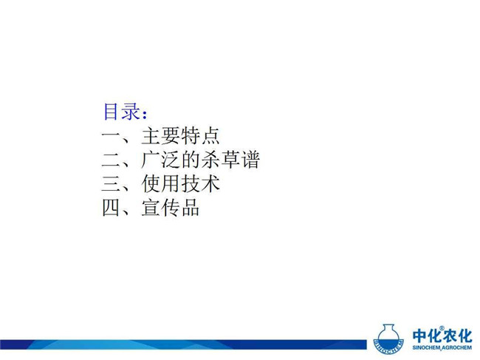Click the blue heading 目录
[x=122, y=112]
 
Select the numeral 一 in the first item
[x=112, y=136]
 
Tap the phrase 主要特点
[x=180, y=135]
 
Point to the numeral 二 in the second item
[x=112, y=160]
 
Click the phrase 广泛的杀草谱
[x=201, y=160]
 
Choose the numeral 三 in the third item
[x=112, y=184]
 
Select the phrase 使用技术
[x=180, y=183]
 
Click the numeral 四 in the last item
[x=111, y=208]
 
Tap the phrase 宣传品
[x=170, y=208]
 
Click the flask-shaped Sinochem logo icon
[x=388, y=339]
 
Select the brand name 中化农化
[x=442, y=336]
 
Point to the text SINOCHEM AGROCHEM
[x=442, y=347]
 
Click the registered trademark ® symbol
[x=442, y=328]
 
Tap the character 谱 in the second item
[x=251, y=160]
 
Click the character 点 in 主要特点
[x=210, y=135]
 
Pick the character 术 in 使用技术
[x=210, y=183]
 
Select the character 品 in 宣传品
[x=191, y=208]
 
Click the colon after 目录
[x=145, y=114]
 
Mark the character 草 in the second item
[x=230, y=160]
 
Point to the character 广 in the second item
[x=151, y=160]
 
